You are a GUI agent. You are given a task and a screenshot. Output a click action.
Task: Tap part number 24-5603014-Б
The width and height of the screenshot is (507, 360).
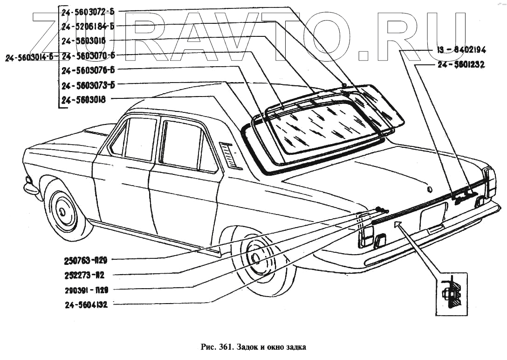pyautogui.click(x=29, y=57)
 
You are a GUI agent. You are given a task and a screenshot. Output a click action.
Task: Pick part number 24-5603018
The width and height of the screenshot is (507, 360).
pyautogui.click(x=83, y=99)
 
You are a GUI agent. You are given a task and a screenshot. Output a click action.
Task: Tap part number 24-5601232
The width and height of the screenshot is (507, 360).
pyautogui.click(x=461, y=66)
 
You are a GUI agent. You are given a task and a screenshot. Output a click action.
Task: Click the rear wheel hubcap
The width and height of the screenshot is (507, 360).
pyautogui.click(x=255, y=258)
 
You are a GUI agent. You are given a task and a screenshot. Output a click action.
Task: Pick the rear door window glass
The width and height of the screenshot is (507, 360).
pyautogui.click(x=182, y=144)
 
